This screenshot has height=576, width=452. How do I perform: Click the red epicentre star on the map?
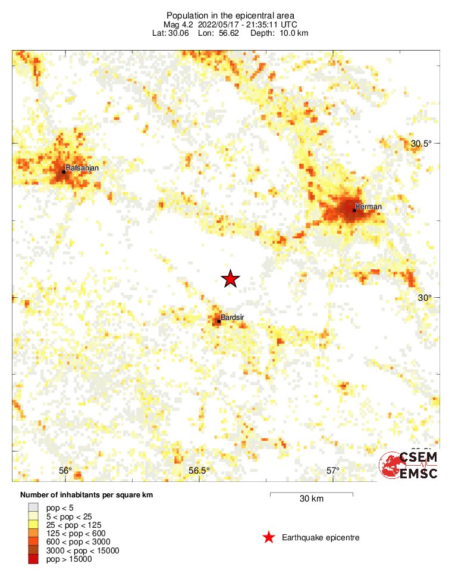point(230,278)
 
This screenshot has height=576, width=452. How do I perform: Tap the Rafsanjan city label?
point(82,168)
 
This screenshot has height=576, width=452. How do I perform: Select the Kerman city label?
point(369,207)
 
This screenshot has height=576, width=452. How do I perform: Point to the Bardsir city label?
point(232,317)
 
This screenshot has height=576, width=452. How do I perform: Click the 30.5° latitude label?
point(421,143)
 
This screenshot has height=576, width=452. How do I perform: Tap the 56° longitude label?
point(65,471)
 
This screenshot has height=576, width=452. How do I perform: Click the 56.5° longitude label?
point(199,471)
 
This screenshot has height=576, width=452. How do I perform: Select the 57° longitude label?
point(333,471)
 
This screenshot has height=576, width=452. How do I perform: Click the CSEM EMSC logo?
point(409,465)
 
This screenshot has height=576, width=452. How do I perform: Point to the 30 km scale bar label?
point(312,499)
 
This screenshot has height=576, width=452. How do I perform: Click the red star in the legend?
point(269,538)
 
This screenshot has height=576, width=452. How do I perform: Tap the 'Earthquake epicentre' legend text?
point(321,538)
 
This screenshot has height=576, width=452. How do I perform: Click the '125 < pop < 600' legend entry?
point(76,533)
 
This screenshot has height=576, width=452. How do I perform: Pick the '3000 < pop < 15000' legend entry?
point(83,550)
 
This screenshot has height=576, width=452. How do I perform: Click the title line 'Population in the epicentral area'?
point(230,15)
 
